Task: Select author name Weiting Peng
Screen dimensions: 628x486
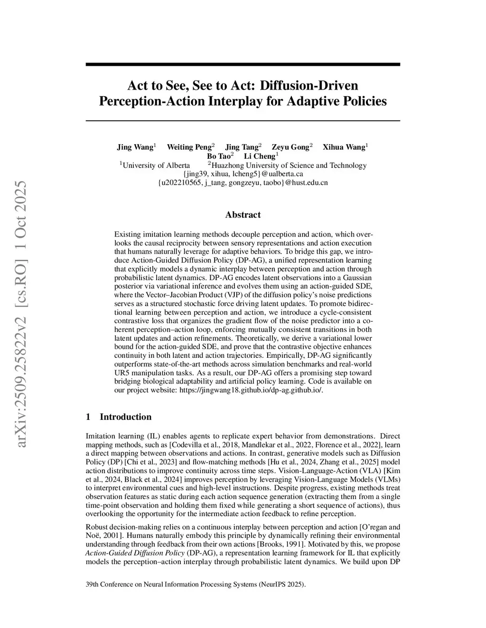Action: click(189, 147)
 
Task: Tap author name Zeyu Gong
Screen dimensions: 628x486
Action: click(290, 147)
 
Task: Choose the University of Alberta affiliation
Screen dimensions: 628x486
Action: click(156, 165)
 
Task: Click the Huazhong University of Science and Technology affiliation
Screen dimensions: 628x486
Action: click(289, 165)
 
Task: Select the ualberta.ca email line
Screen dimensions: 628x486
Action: click(243, 174)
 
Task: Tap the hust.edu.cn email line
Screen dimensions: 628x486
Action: click(243, 182)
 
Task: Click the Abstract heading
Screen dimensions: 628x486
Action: click(243, 215)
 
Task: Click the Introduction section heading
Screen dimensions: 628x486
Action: click(125, 417)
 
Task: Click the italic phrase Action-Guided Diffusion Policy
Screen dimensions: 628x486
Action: click(135, 553)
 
